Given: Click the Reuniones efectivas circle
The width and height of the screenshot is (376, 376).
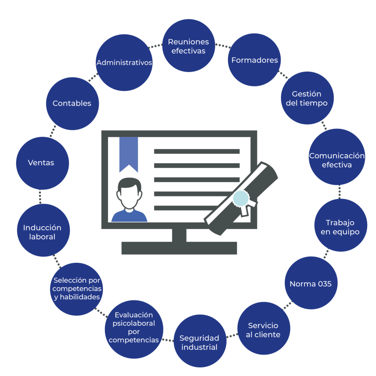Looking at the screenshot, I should tap(188, 46).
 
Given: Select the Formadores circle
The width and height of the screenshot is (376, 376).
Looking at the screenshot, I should tap(254, 60).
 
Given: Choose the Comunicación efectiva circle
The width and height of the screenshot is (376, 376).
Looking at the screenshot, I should tap(337, 160).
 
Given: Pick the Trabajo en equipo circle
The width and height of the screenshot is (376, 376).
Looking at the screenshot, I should tap(340, 227).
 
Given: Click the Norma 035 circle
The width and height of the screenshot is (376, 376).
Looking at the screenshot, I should tap(311, 283).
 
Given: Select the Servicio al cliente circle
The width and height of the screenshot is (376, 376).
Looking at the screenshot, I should tap(263, 329).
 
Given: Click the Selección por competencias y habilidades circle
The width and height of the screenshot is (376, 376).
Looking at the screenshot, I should tap(76, 289).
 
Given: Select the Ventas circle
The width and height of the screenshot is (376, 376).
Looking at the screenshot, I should tap(41, 163).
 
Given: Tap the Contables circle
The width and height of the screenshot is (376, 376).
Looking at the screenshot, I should tap(72, 103).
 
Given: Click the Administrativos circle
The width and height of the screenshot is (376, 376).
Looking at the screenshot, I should tap(124, 63).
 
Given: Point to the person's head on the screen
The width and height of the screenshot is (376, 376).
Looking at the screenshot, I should tap(129, 193).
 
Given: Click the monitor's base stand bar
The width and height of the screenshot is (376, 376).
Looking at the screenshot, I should tap(179, 248).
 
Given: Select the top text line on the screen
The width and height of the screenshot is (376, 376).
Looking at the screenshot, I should tap(196, 151).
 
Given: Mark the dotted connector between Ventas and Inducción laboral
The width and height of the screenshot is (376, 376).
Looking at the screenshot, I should tap(40, 197).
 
